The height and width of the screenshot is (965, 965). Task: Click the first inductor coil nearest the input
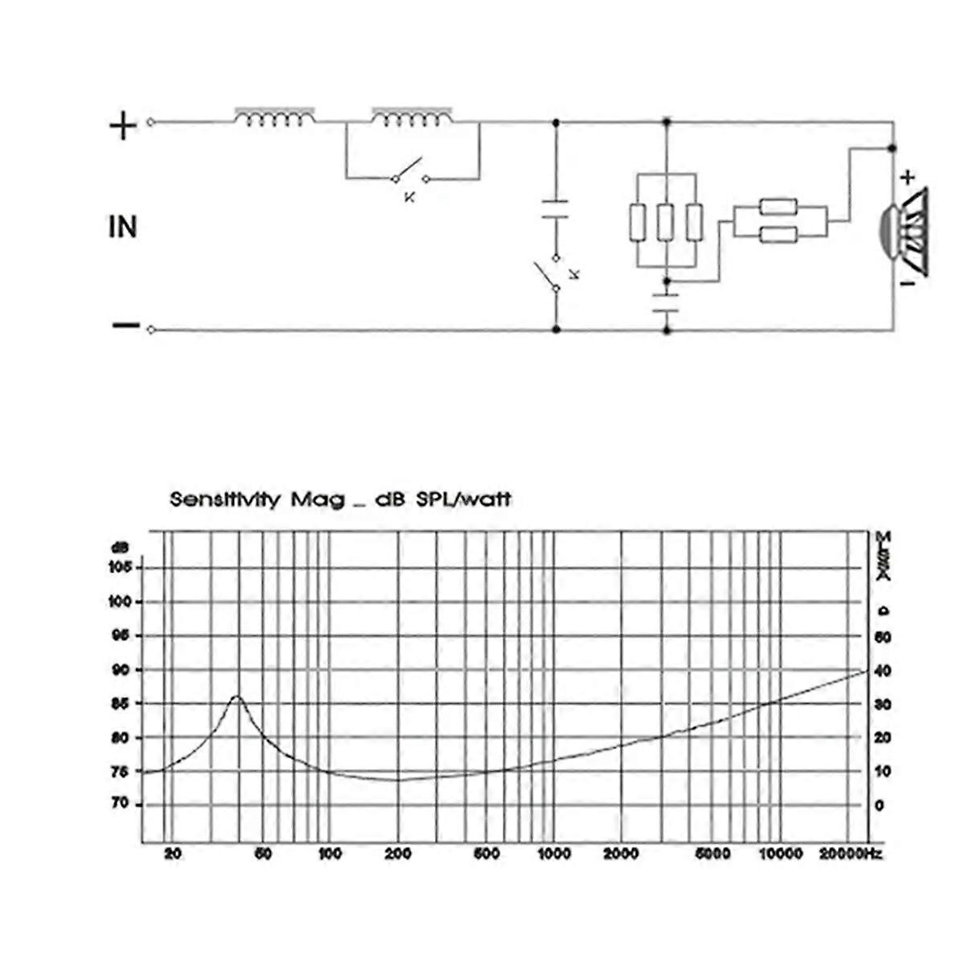coord(274,117)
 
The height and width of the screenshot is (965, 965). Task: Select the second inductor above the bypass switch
coord(412,117)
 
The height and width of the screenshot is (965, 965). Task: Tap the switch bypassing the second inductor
coord(410,172)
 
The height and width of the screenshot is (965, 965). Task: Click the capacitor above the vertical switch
coord(555,210)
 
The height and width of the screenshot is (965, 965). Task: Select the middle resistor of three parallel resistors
coord(665,223)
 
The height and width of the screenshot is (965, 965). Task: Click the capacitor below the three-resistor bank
coord(666,304)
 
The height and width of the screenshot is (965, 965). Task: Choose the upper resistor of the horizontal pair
coord(778,207)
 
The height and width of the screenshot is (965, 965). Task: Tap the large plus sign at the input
coord(123,125)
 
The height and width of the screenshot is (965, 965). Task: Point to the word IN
coord(122,228)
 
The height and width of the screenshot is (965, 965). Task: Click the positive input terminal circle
coord(151,123)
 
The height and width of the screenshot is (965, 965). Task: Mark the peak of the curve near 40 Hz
coord(236,696)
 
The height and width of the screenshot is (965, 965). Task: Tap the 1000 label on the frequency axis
coord(553,854)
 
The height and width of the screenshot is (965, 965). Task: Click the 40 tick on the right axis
coord(883,671)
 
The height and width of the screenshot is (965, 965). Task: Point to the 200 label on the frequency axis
coord(398,854)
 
